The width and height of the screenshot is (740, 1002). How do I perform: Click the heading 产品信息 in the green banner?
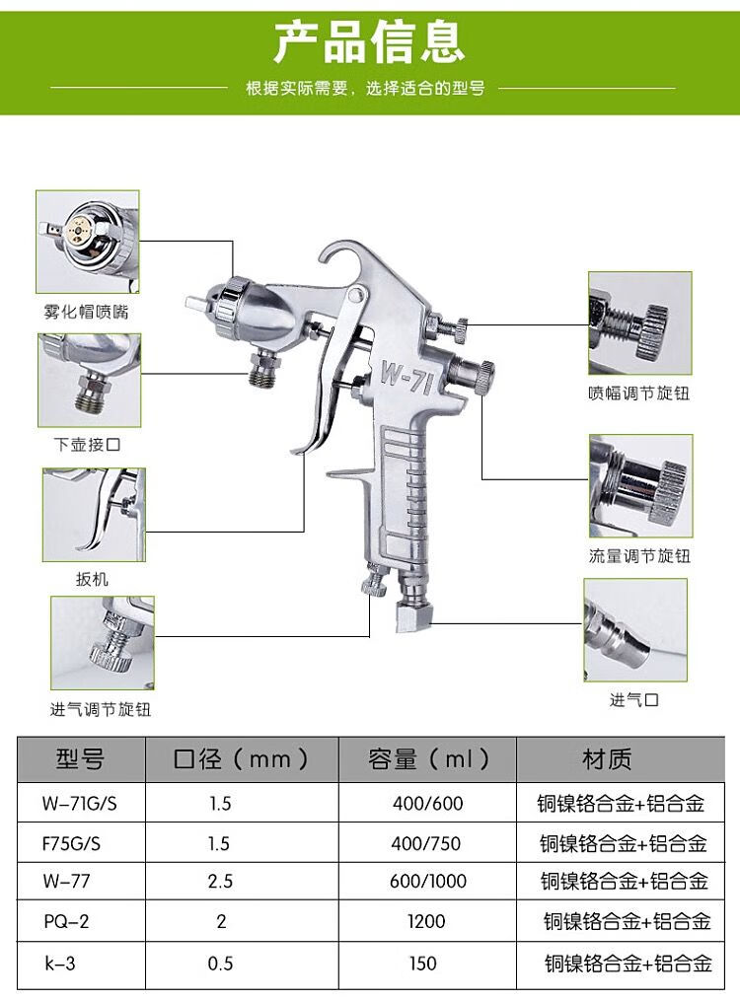click(369, 40)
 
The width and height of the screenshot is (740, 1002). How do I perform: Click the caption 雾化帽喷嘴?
click(87, 312)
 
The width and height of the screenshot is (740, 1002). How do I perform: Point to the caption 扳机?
click(92, 580)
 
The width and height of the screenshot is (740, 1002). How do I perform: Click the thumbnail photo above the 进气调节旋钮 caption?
click(103, 642)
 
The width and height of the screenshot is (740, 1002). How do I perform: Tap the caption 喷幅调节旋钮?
click(638, 394)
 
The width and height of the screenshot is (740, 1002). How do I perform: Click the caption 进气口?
click(633, 700)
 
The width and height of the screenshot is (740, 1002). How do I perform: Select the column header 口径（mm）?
click(242, 759)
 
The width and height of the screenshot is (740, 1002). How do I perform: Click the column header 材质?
click(607, 759)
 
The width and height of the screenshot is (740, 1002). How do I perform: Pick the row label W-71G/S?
click(79, 804)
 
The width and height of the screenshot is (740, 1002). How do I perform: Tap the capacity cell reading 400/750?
click(426, 843)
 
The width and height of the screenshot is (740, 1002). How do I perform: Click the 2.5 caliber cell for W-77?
click(221, 882)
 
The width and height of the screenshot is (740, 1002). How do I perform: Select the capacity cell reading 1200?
click(426, 921)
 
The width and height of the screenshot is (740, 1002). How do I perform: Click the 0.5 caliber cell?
click(221, 963)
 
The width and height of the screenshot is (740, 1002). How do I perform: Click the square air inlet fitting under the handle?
click(412, 616)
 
